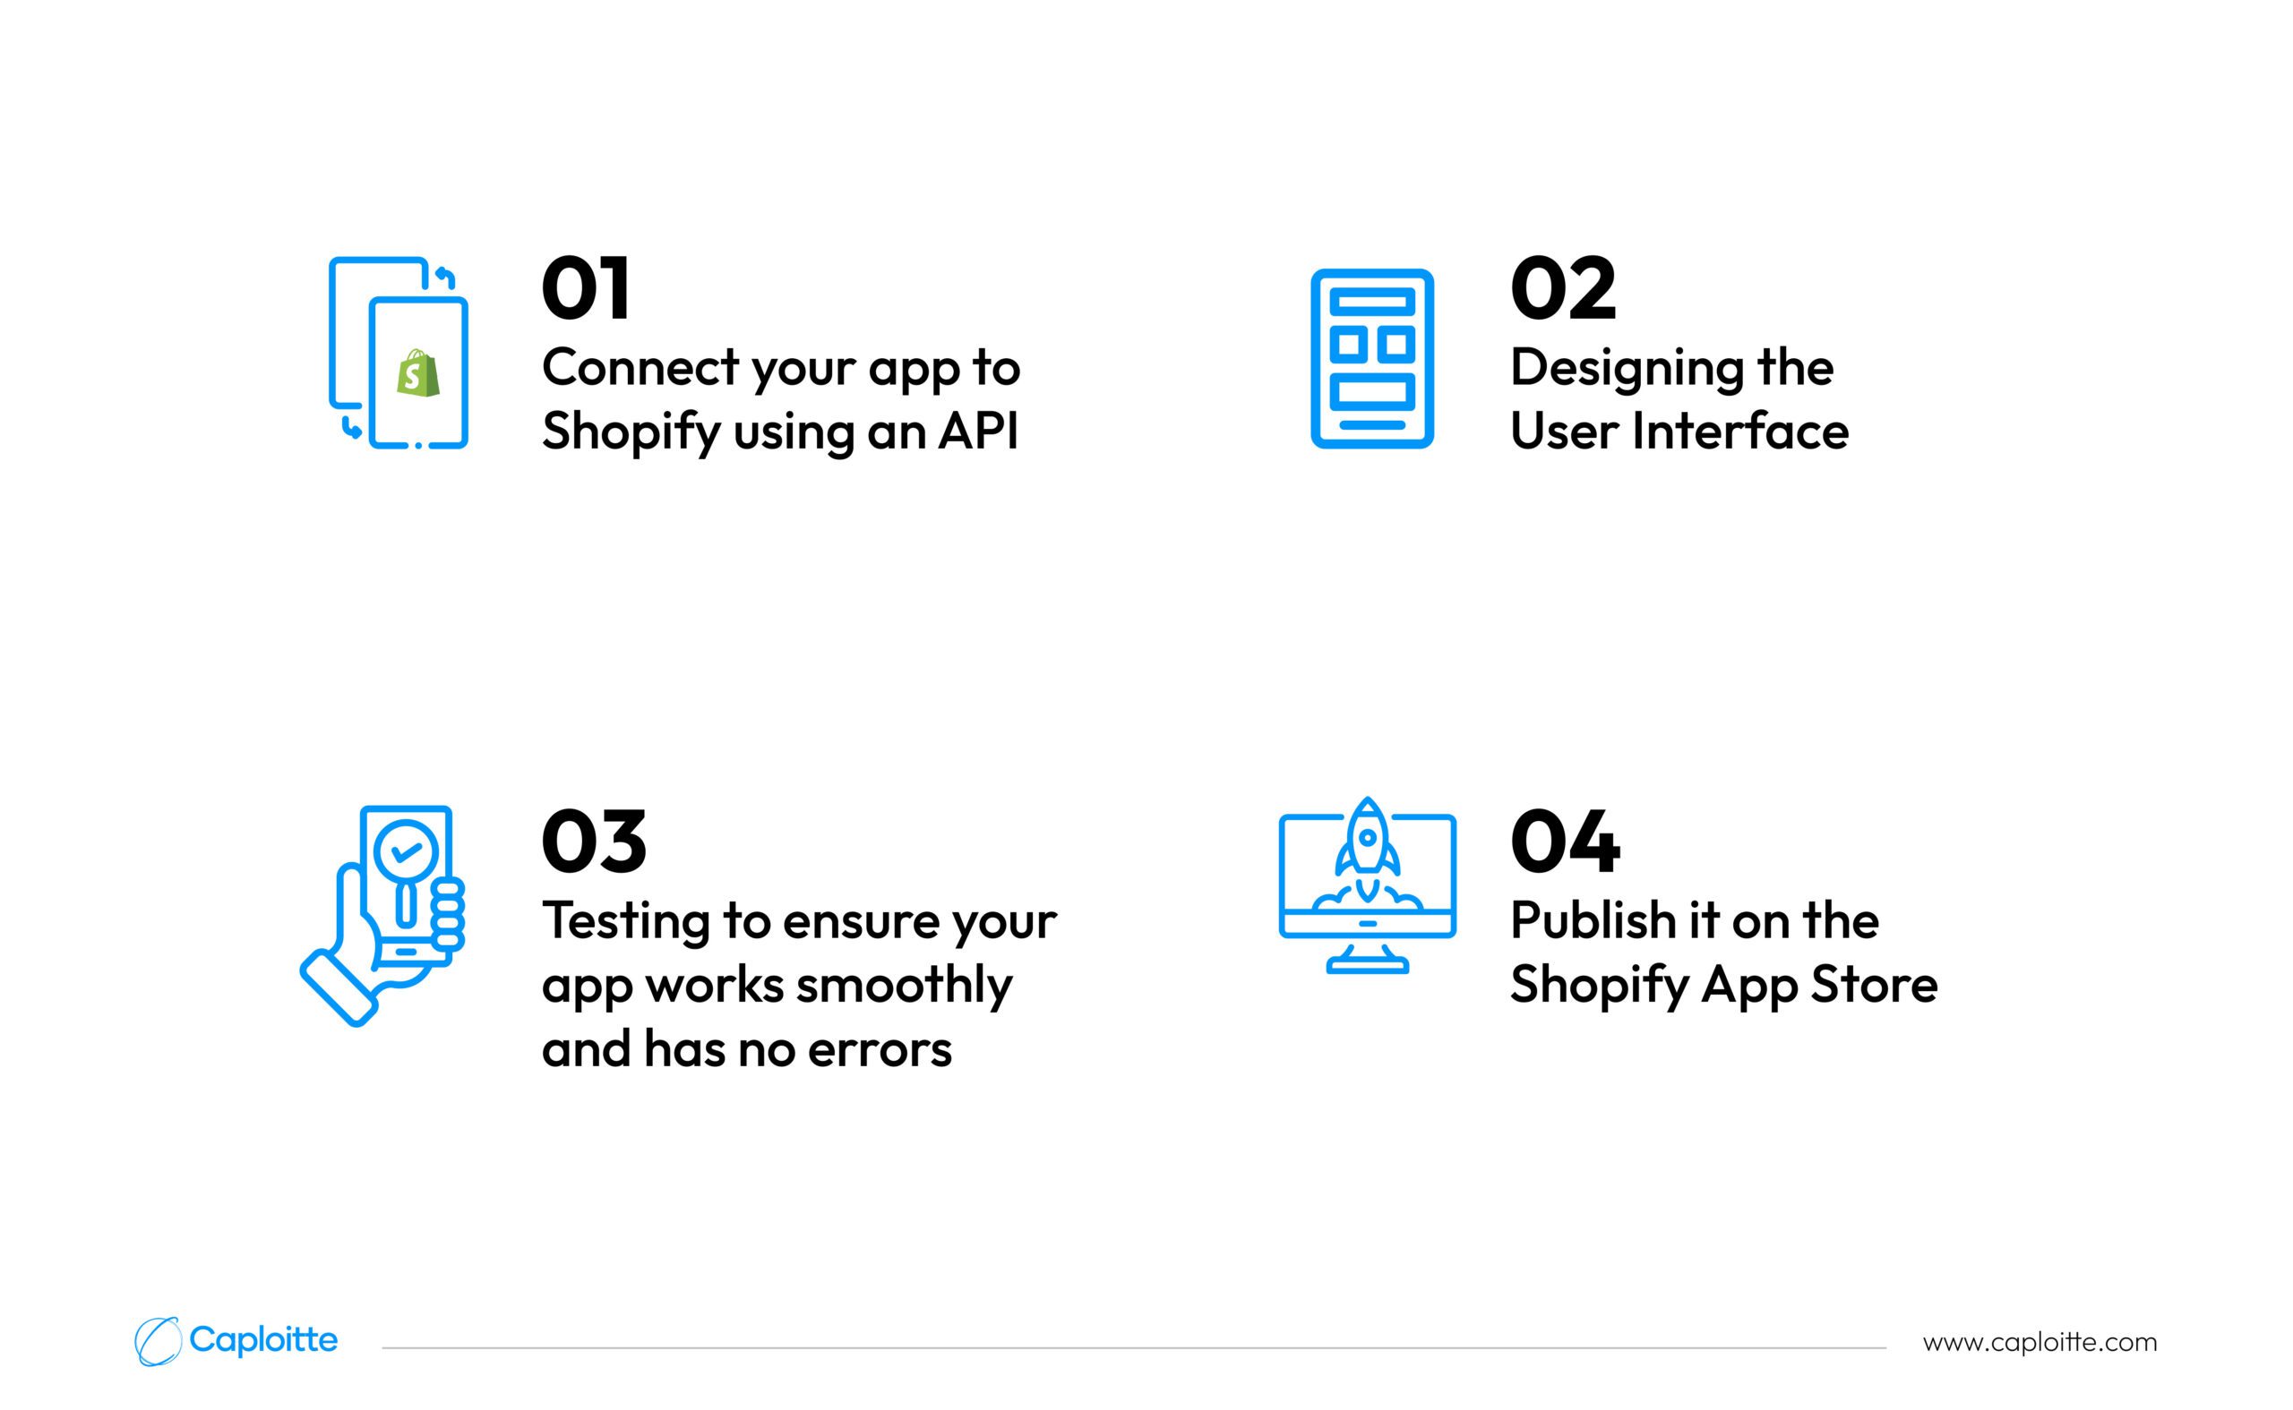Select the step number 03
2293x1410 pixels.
pos(594,842)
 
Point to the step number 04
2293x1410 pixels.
pos(1566,842)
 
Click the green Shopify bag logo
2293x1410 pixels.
pos(417,373)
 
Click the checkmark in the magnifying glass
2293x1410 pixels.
pos(406,851)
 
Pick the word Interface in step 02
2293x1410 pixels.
pos(1739,431)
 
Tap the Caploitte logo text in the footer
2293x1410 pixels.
pos(263,1340)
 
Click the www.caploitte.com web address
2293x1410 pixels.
pos(2040,1343)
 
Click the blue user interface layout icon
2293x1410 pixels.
pos(1371,359)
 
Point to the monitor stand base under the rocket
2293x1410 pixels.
pos(1368,968)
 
